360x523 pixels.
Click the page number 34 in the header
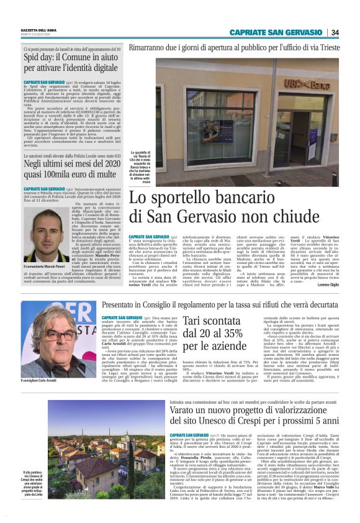[335, 33]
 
